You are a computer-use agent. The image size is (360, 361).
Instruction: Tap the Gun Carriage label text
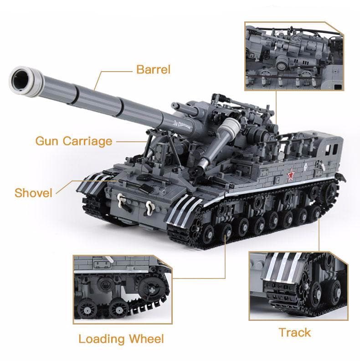pyautogui.click(x=73, y=141)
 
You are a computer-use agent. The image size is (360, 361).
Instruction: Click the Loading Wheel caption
pyautogui.click(x=121, y=339)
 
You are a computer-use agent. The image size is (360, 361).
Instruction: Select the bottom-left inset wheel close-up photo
pyautogui.click(x=122, y=289)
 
